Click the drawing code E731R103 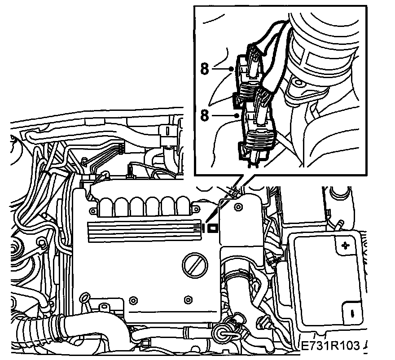pyautogui.click(x=330, y=346)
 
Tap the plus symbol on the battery pyautogui.click(x=347, y=245)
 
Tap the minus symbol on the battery pyautogui.click(x=352, y=313)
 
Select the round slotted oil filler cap pyautogui.click(x=195, y=265)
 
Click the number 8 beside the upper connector pyautogui.click(x=205, y=69)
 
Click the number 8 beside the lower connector pyautogui.click(x=205, y=116)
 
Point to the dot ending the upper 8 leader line pyautogui.click(x=231, y=68)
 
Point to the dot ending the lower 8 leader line pyautogui.click(x=237, y=116)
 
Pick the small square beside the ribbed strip pyautogui.click(x=213, y=228)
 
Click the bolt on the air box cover pyautogui.click(x=238, y=207)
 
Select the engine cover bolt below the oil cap pyautogui.click(x=188, y=299)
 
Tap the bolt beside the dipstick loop pyautogui.click(x=133, y=300)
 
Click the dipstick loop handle pyautogui.click(x=85, y=297)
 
